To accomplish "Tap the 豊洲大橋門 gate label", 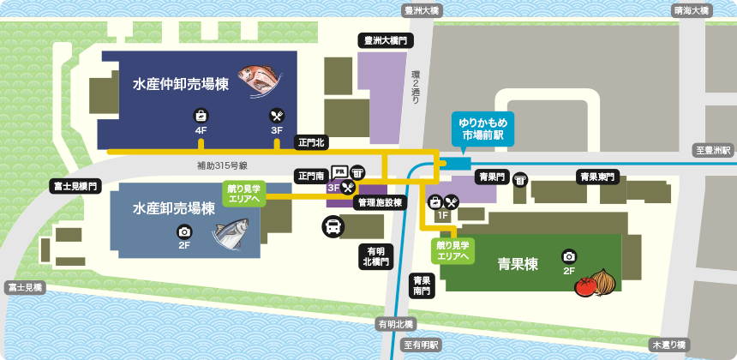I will pyautogui.click(x=385, y=40).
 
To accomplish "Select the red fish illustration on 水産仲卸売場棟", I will pyautogui.click(x=260, y=77).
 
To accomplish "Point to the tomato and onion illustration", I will pyautogui.click(x=596, y=282).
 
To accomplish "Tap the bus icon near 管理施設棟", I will pyautogui.click(x=333, y=227).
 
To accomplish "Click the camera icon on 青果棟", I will pyautogui.click(x=569, y=256).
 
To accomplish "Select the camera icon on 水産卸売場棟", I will pyautogui.click(x=184, y=231).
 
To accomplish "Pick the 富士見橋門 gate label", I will pyautogui.click(x=76, y=185).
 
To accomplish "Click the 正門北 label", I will pyautogui.click(x=310, y=142).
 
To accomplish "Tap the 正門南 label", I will pyautogui.click(x=310, y=176).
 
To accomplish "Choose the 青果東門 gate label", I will pyautogui.click(x=597, y=177).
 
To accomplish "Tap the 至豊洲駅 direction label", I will pyautogui.click(x=714, y=150).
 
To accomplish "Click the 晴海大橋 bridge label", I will pyautogui.click(x=692, y=10).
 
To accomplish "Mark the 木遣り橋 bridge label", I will pyautogui.click(x=668, y=345).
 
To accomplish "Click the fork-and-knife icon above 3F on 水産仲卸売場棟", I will pyautogui.click(x=277, y=116).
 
